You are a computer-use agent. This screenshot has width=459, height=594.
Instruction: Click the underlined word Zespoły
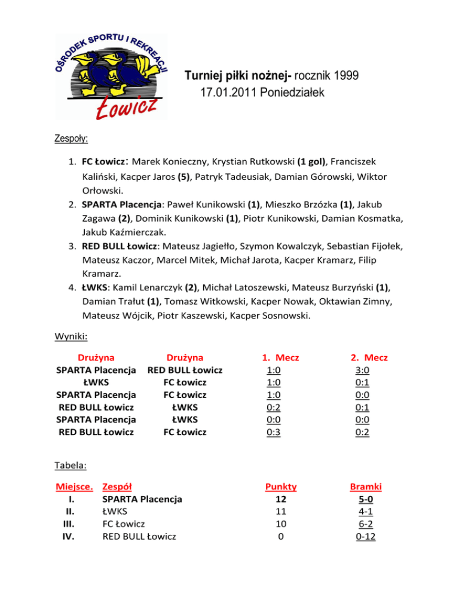71,139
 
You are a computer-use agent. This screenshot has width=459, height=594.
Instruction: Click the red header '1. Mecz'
280,357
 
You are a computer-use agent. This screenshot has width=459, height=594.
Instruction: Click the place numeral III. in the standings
71,524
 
